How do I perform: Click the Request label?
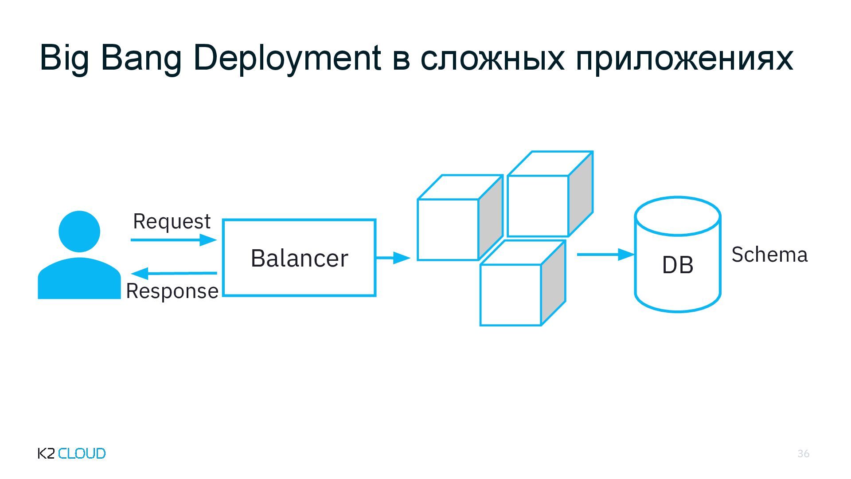tap(172, 221)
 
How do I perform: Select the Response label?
tap(172, 291)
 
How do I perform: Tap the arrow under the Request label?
tap(173, 240)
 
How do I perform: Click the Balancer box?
tap(299, 258)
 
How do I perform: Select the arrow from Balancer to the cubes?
tap(393, 257)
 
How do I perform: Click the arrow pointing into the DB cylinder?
tap(605, 255)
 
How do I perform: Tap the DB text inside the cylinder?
tap(677, 265)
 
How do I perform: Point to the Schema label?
tap(769, 255)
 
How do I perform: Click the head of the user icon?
tap(79, 231)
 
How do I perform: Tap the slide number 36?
tap(803, 453)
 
